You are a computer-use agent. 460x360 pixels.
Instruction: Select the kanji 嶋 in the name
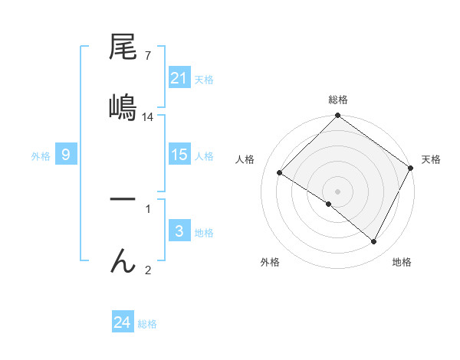[123, 106]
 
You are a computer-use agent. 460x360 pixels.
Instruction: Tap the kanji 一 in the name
[123, 199]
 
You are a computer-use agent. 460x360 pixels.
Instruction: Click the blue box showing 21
[179, 78]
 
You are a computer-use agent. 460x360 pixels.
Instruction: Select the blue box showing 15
[179, 155]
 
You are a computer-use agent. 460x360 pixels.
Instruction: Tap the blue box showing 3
[179, 231]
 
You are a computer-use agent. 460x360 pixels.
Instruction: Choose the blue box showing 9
[66, 155]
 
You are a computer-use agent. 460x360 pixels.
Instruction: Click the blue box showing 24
[123, 322]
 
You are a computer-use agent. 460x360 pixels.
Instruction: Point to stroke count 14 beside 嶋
[148, 116]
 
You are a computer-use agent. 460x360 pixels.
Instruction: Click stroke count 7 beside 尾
[147, 55]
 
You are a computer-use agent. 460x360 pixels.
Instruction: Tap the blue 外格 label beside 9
[41, 155]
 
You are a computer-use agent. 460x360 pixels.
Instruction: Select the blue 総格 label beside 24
[147, 324]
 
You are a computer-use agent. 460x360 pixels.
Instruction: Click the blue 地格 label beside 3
[204, 232]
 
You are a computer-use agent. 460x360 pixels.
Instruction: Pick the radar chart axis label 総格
[338, 100]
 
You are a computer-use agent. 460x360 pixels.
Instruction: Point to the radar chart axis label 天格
[431, 159]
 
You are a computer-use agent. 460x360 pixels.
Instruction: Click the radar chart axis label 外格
[270, 262]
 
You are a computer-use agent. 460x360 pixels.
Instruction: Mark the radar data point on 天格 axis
[410, 168]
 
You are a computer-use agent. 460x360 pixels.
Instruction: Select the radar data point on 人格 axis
[280, 173]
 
